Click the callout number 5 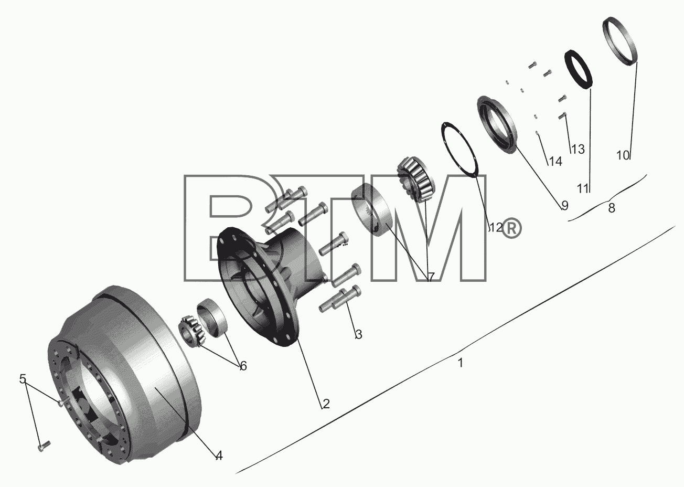pos(23,379)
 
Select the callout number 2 pos(326,404)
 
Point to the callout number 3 pos(359,334)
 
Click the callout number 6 pos(243,366)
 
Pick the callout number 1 pos(461,363)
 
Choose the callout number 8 pos(611,208)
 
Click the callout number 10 pos(623,155)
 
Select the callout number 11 pos(583,188)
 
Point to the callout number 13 pos(578,149)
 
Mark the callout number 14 pos(555,161)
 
